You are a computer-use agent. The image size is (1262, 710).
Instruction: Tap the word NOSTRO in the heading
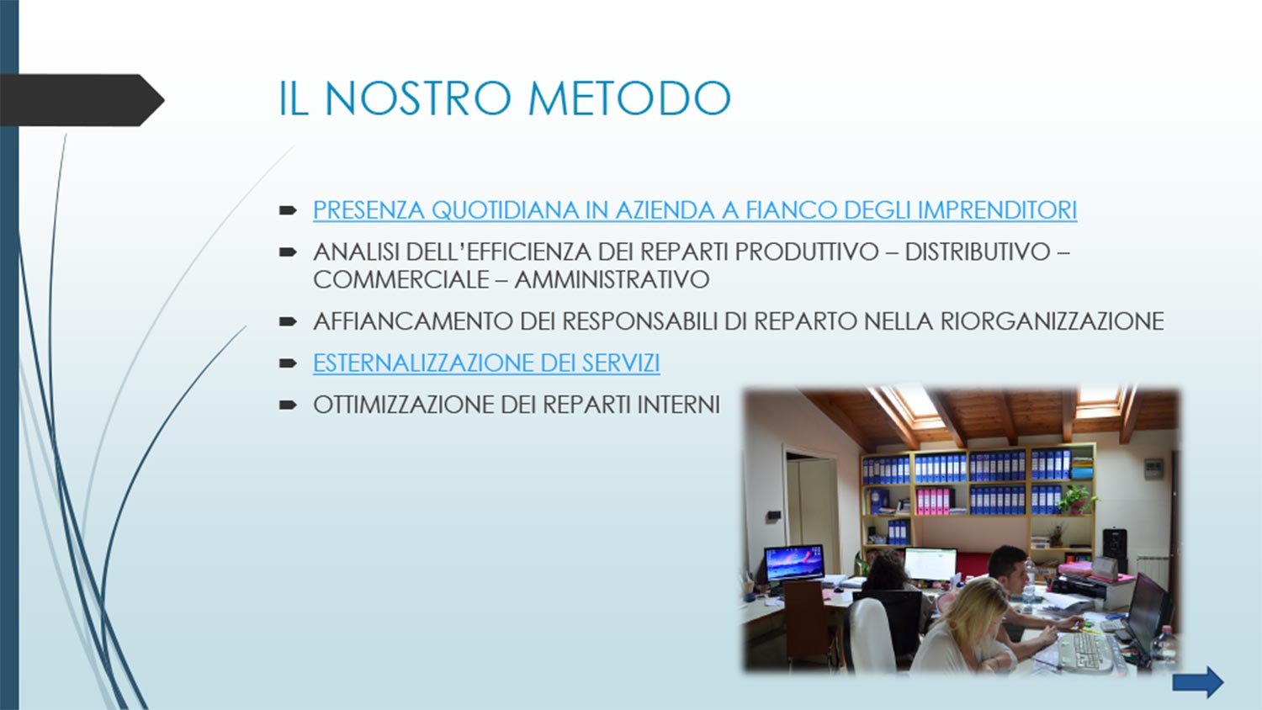click(417, 98)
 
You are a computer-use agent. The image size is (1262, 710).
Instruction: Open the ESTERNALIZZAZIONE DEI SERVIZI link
click(486, 363)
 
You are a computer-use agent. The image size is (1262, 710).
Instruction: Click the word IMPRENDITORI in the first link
click(997, 209)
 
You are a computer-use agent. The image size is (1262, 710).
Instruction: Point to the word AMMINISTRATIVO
click(612, 279)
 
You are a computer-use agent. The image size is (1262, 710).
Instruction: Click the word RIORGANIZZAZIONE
click(1052, 321)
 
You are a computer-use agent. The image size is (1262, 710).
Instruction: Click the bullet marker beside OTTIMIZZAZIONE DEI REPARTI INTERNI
click(288, 405)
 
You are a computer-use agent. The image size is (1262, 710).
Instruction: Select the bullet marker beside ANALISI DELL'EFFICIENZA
click(288, 252)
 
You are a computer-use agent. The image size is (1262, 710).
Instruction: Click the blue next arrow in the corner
click(1198, 682)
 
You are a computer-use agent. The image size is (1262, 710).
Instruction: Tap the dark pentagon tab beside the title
click(82, 100)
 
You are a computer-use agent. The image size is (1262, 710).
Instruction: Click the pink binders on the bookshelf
click(932, 501)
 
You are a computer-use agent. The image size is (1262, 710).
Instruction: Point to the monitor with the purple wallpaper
click(794, 563)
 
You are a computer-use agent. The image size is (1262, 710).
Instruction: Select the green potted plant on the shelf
click(1077, 499)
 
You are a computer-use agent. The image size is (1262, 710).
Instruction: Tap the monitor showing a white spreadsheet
click(931, 564)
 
